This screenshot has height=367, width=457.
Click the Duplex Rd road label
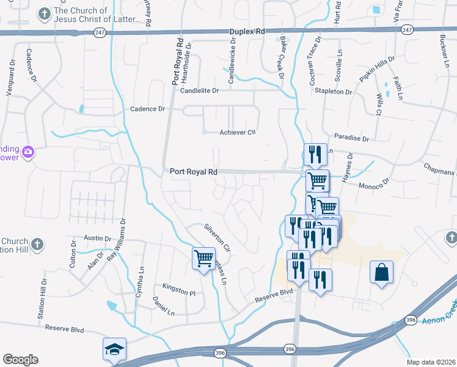[247, 31]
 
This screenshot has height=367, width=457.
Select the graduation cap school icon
[114, 349]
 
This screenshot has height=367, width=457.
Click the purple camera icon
[27, 151]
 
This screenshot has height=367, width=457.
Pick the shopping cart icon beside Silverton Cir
[203, 258]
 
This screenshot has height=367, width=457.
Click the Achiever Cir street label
[236, 132]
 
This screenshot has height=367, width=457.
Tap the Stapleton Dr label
[334, 92]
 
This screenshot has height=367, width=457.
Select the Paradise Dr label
[348, 138]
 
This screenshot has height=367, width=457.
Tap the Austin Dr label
[97, 239]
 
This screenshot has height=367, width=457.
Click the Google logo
[20, 359]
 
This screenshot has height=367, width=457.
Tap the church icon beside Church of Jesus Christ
[44, 13]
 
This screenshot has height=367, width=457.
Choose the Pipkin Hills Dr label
[378, 71]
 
